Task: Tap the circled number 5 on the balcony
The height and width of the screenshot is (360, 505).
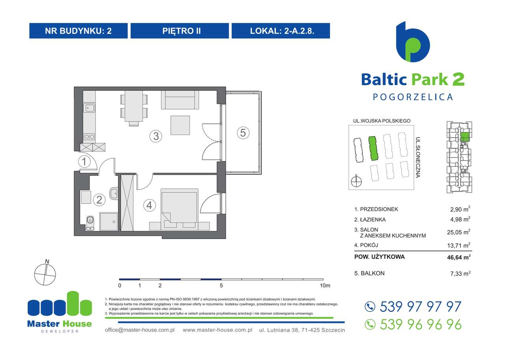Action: pyautogui.click(x=243, y=133)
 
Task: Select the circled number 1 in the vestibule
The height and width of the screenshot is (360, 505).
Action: pyautogui.click(x=84, y=161)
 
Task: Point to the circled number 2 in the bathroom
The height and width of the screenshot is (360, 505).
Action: pyautogui.click(x=99, y=200)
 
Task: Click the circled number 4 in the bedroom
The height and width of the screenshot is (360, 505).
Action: pyautogui.click(x=148, y=205)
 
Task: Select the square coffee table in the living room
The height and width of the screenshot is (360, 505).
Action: pyautogui.click(x=182, y=125)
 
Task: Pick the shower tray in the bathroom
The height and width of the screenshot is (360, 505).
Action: pyautogui.click(x=108, y=221)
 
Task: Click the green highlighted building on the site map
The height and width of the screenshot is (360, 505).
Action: pyautogui.click(x=372, y=149)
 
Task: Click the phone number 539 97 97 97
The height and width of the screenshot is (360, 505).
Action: pyautogui.click(x=420, y=306)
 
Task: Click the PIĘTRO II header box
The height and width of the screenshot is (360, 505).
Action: pyautogui.click(x=180, y=31)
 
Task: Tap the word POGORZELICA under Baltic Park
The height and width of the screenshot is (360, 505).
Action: pyautogui.click(x=413, y=97)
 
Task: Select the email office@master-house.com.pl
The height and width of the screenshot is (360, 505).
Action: pyautogui.click(x=140, y=330)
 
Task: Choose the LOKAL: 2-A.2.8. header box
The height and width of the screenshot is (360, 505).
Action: pyautogui.click(x=281, y=31)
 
